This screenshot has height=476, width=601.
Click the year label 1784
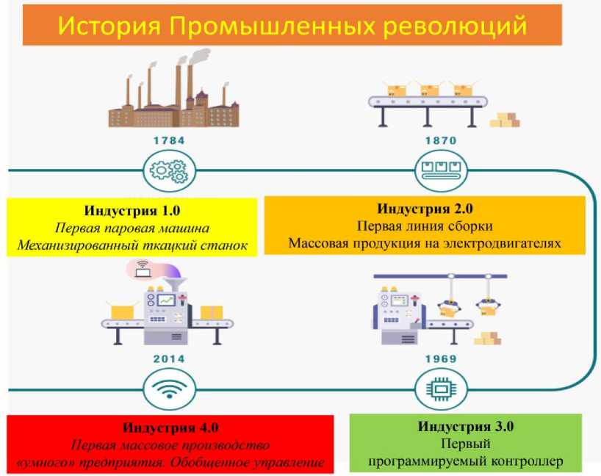point(169,140)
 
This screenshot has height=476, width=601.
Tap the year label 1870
point(440,140)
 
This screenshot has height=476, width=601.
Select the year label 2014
point(169,359)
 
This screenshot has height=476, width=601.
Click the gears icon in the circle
point(169,171)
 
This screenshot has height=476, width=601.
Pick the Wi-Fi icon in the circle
point(169,388)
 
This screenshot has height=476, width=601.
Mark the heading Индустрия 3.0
point(465,426)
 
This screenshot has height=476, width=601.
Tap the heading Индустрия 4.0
point(170,428)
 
